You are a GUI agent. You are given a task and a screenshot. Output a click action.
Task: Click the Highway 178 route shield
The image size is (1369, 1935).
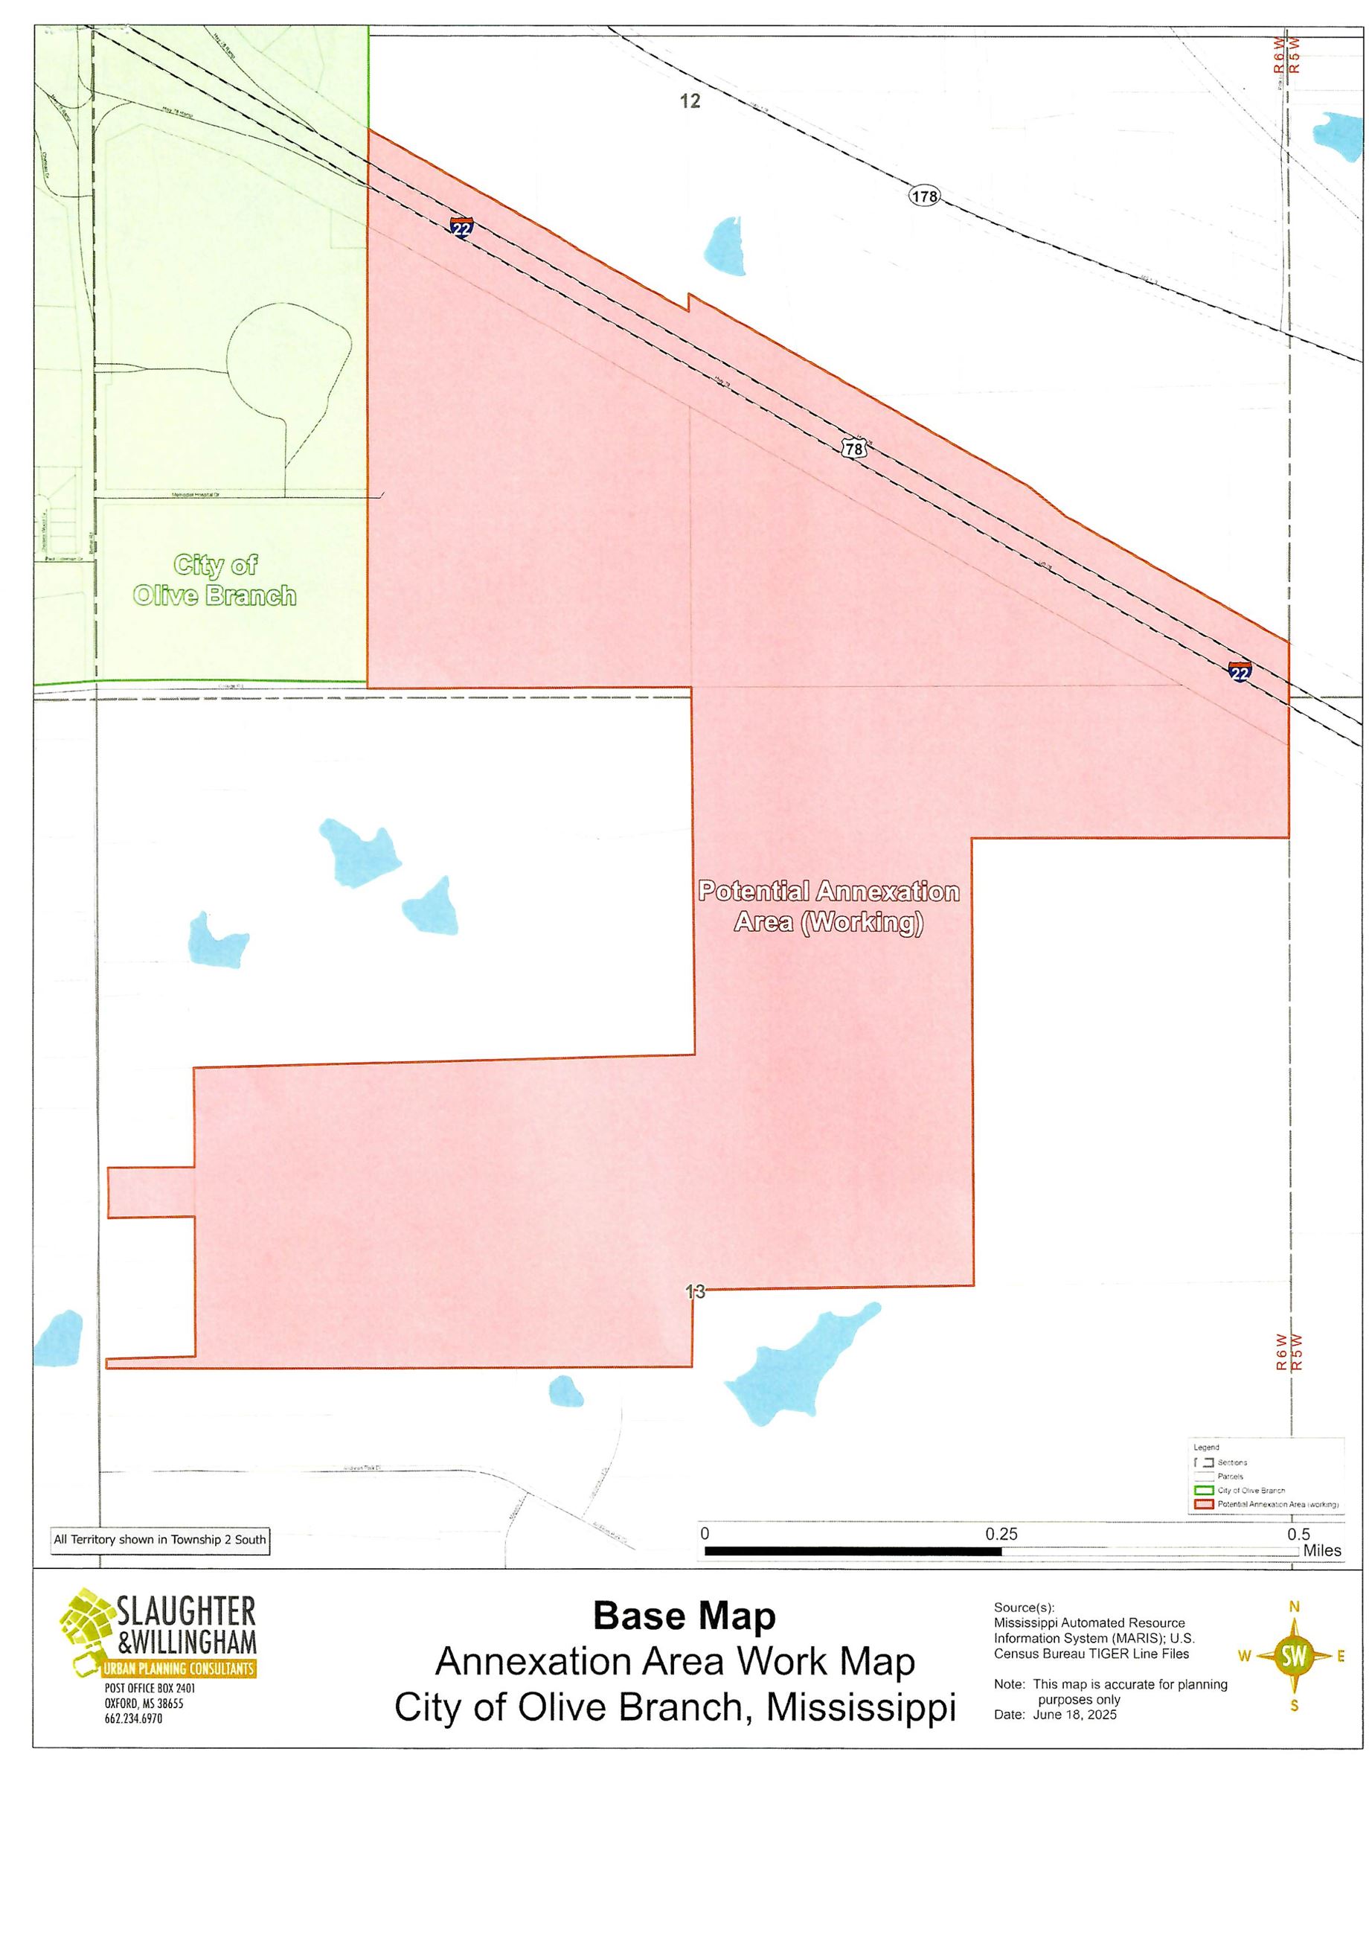point(924,196)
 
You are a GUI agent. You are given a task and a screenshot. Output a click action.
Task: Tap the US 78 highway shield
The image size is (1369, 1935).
point(854,449)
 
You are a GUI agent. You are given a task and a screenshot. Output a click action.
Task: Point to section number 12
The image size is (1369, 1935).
point(690,101)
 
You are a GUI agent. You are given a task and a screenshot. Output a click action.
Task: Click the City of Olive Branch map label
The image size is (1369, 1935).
point(214,580)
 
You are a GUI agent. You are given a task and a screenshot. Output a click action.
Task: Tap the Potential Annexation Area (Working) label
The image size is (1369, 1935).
point(829,906)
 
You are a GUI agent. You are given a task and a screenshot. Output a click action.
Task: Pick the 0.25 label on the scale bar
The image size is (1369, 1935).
point(1001,1534)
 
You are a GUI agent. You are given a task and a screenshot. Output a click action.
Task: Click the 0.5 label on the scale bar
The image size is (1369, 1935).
point(1298,1534)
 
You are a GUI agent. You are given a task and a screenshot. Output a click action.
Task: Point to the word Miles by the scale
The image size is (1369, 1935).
point(1322,1549)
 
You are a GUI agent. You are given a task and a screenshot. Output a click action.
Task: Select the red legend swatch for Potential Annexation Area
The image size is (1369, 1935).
point(1204,1504)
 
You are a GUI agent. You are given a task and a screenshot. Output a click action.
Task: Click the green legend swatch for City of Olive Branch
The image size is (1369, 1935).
point(1204,1490)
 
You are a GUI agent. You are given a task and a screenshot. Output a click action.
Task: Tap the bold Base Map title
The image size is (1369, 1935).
point(684,1616)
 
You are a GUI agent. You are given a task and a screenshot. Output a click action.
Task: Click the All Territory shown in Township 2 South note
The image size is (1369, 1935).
point(160,1539)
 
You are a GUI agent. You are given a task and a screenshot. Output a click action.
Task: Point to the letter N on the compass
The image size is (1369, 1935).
point(1294,1606)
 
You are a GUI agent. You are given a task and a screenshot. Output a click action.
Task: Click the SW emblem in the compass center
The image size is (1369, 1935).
point(1294,1656)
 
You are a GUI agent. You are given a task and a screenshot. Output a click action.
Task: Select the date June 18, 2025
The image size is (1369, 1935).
point(1075,1713)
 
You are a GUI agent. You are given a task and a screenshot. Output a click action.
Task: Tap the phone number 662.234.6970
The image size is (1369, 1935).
point(133,1718)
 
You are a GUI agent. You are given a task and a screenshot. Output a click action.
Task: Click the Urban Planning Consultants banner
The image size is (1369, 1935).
point(178,1669)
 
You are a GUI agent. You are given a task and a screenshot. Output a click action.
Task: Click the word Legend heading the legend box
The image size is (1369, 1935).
point(1206,1447)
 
